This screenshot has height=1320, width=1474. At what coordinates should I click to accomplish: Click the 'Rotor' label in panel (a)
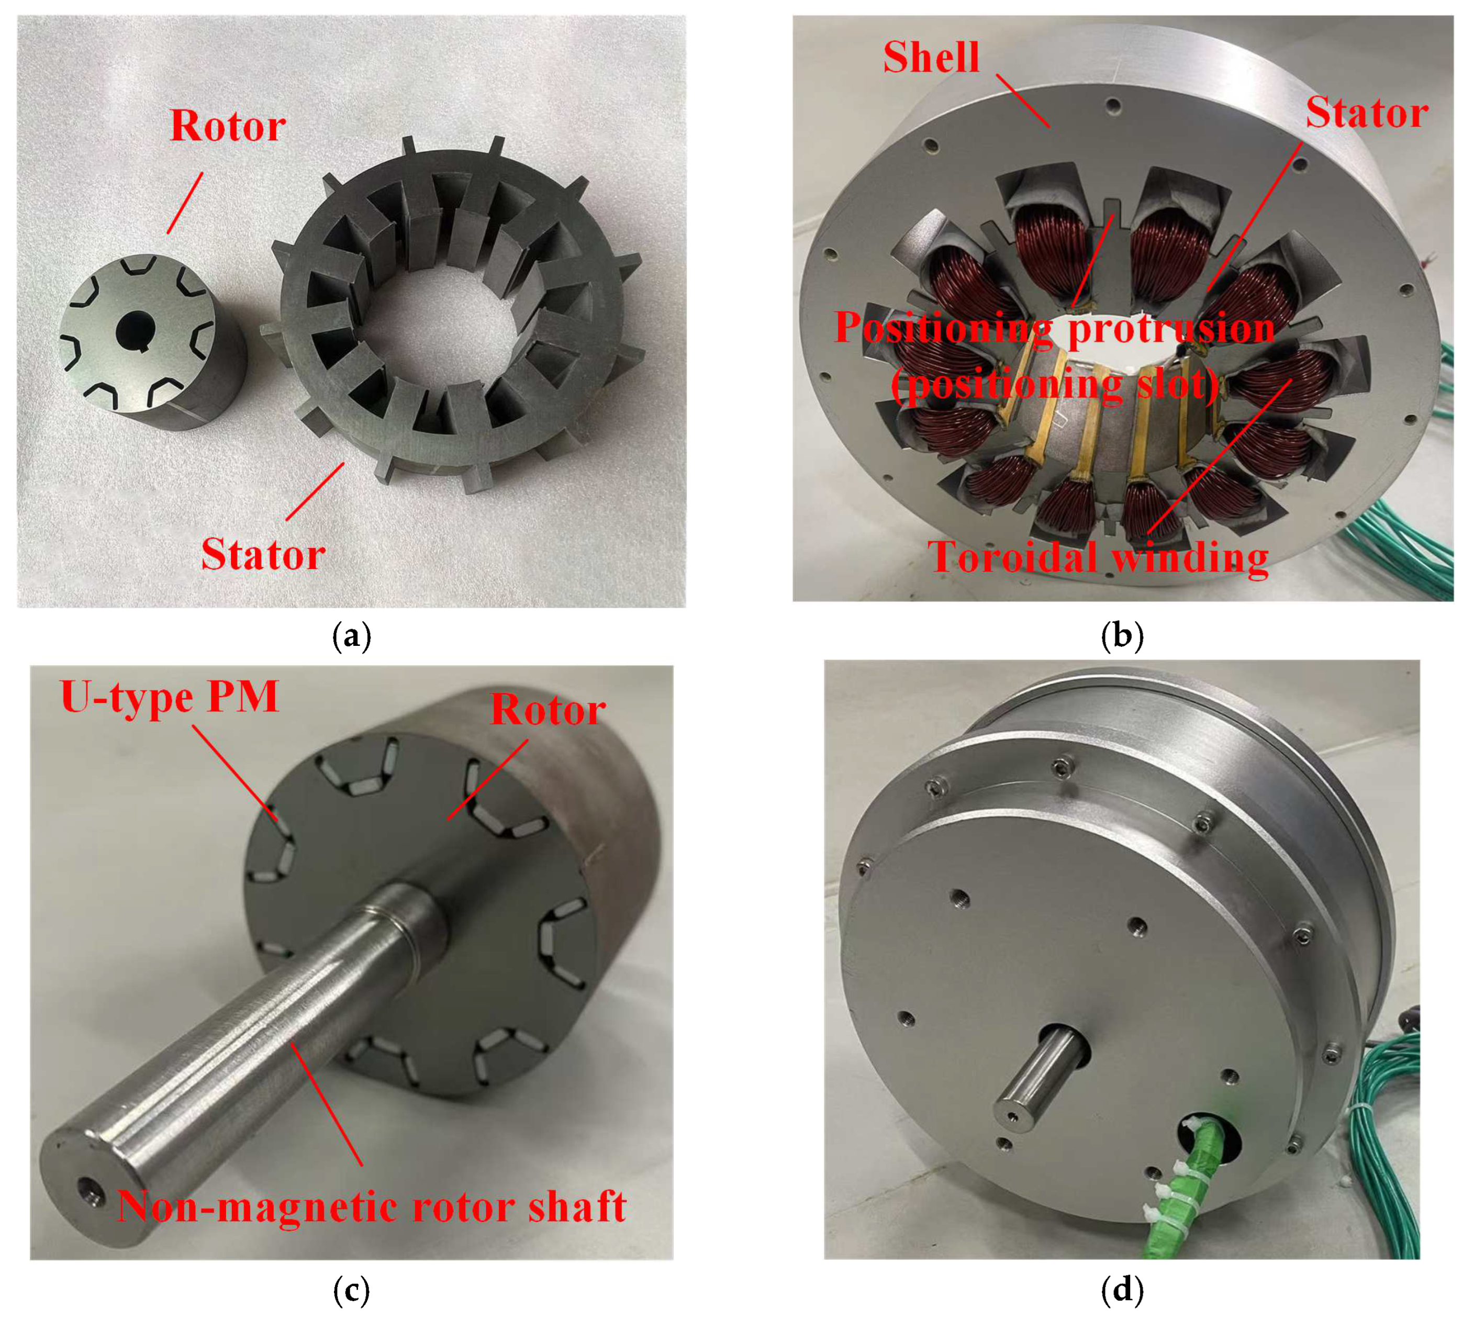click(x=228, y=126)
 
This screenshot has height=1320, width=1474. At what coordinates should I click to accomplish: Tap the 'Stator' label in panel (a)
click(x=263, y=555)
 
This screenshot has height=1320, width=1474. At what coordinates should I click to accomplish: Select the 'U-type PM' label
click(x=170, y=698)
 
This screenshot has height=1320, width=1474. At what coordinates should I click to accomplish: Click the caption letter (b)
click(x=1121, y=635)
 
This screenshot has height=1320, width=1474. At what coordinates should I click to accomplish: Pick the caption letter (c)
click(x=351, y=1289)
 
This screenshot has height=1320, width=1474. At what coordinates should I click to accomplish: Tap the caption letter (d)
click(x=1121, y=1289)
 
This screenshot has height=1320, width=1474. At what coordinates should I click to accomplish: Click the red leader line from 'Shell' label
click(x=1022, y=100)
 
